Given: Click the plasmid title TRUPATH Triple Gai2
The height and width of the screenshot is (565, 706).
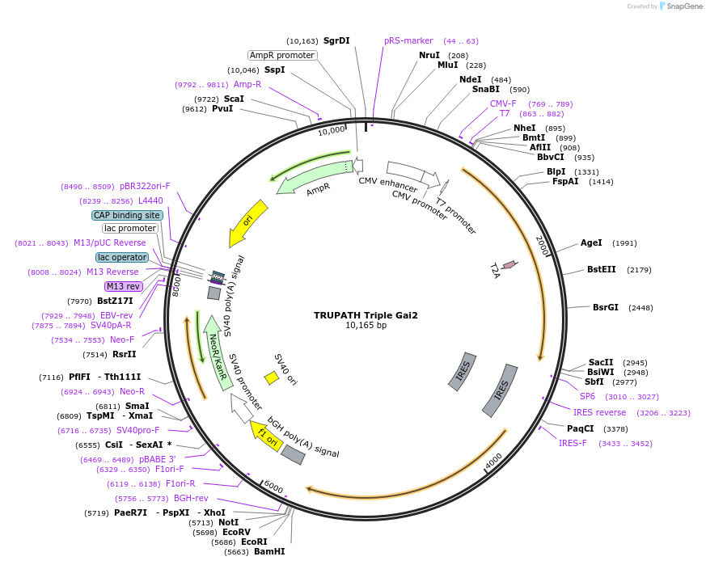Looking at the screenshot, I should click(366, 315).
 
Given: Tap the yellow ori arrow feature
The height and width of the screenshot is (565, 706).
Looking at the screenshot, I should click(248, 222).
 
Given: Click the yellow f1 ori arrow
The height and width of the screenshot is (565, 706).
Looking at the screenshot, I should click(264, 434).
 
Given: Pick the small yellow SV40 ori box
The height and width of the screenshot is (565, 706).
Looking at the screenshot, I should click(272, 377).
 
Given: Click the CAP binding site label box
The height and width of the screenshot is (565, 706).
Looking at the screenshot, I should click(127, 215).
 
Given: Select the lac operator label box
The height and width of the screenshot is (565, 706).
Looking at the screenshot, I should click(122, 257).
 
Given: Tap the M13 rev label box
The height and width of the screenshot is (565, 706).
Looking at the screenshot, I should click(123, 286).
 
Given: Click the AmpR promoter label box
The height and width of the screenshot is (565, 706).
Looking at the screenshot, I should click(282, 55).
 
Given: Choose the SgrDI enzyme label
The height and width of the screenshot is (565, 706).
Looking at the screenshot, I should click(336, 40).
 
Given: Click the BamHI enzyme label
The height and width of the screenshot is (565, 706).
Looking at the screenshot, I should click(269, 551).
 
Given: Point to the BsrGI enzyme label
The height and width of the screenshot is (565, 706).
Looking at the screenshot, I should click(606, 307).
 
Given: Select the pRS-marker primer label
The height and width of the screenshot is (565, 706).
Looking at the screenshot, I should click(408, 40).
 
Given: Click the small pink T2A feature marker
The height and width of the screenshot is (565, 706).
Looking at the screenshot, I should click(509, 264).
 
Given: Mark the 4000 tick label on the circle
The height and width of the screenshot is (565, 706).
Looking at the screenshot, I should click(493, 462).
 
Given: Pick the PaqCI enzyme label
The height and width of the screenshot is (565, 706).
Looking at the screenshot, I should click(580, 428).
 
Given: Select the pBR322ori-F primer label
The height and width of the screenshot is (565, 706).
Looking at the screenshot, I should click(145, 186).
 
